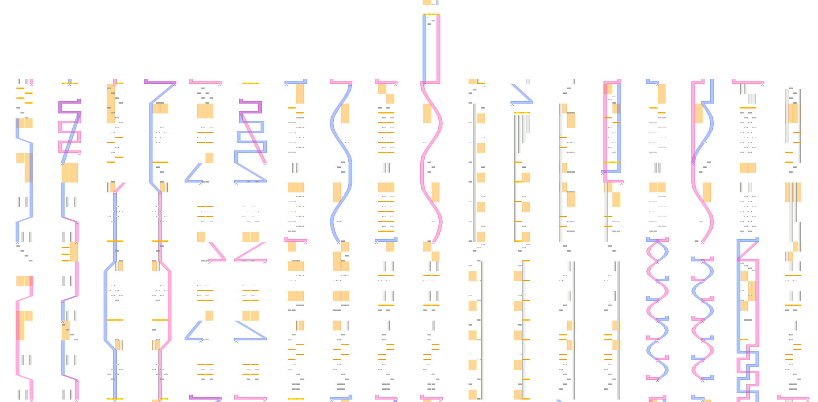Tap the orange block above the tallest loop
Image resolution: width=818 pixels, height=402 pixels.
click(427, 2)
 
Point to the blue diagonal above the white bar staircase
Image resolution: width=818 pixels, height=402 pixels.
click(521, 93)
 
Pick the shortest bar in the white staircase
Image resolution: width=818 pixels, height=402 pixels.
click(528, 124)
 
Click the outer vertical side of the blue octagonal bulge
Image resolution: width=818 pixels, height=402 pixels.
click(106, 304)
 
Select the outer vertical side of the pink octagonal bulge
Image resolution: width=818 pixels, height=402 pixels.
click(170, 304)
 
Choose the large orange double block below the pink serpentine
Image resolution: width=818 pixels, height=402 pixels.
click(69, 173)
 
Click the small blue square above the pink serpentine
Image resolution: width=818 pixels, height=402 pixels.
click(69, 81)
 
